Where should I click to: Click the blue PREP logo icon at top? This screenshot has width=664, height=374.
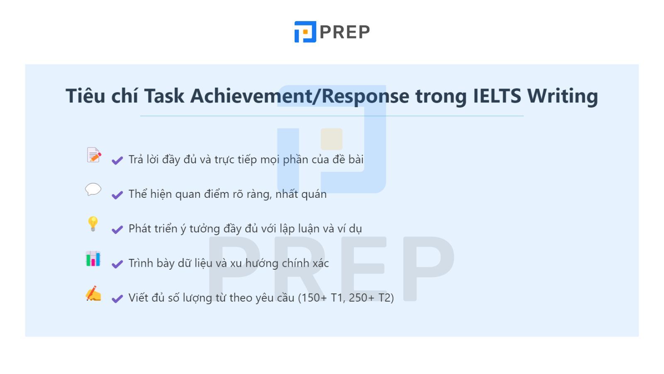point(305,32)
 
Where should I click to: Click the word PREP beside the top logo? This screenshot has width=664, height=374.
point(345,32)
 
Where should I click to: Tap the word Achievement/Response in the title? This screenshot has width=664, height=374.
point(300,96)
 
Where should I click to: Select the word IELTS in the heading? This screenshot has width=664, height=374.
point(497,96)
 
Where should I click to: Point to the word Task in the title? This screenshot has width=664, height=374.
point(164,96)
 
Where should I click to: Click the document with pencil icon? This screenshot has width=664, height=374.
point(94,155)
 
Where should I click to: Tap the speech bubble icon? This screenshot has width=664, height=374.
point(93,189)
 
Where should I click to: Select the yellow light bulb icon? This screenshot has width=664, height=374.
point(93,224)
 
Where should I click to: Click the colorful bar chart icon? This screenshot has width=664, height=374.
point(93,258)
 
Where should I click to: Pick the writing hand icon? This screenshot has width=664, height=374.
point(93,293)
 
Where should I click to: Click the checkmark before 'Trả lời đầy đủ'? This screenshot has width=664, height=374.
point(117,160)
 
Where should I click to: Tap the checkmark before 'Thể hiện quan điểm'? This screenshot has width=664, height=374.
point(117,195)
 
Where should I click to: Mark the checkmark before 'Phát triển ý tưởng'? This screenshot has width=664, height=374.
point(117,229)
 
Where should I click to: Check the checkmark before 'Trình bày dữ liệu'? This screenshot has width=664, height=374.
point(117,264)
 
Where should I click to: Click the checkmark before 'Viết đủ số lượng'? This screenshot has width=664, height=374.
point(117,298)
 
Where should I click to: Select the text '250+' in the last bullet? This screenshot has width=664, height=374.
point(361,298)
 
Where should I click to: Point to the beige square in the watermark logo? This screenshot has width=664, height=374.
point(332,139)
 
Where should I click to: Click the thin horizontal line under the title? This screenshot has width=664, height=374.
point(332,116)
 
